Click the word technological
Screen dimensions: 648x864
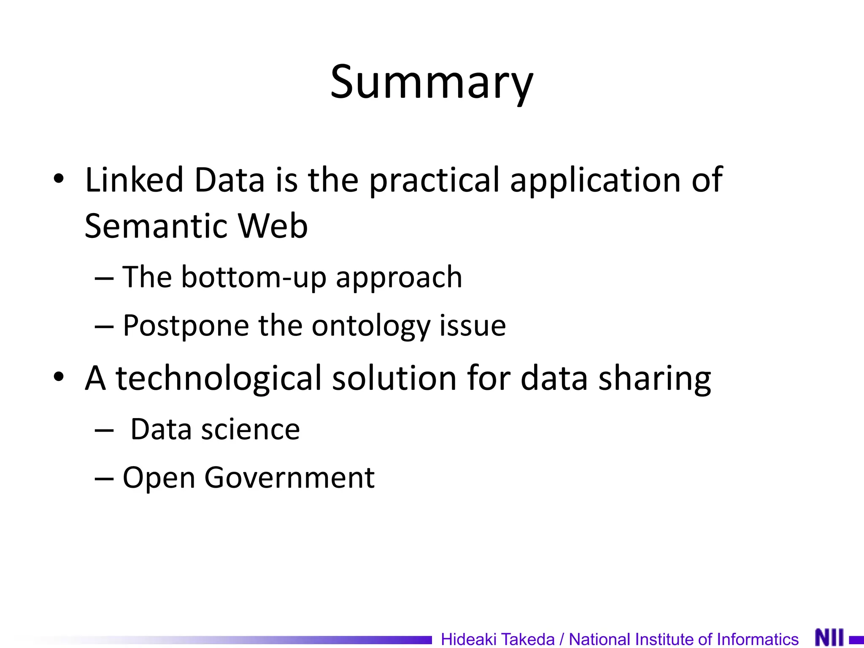tap(219, 378)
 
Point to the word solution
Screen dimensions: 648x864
tap(394, 378)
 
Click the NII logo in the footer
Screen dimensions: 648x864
tap(829, 637)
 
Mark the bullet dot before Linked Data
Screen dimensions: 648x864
tap(59, 179)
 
